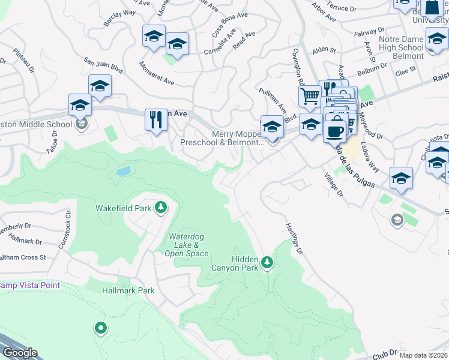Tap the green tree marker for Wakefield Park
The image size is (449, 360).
click(160, 208)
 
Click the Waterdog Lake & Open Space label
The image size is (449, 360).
click(188, 245)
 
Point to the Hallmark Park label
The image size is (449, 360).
click(128, 290)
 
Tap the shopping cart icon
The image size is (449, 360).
click(310, 95)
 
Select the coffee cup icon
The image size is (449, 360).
click(334, 130)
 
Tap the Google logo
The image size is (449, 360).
click(20, 352)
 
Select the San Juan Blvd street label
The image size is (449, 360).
click(103, 65)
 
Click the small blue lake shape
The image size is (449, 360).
click(123, 172)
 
